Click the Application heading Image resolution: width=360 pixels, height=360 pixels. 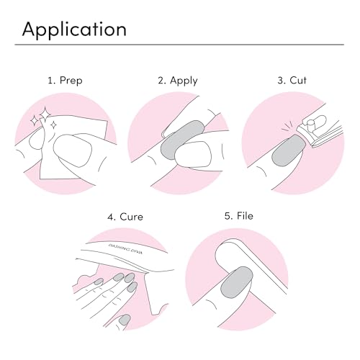[x=74, y=30]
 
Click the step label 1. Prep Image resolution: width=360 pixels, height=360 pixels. [x=65, y=81]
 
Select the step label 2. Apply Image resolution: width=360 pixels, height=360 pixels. [x=178, y=81]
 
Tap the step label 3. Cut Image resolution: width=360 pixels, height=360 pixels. [x=292, y=80]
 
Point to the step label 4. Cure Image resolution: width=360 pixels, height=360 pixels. [x=125, y=217]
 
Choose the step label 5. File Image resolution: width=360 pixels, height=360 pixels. [x=239, y=216]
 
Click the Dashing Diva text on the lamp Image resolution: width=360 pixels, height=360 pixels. [x=125, y=248]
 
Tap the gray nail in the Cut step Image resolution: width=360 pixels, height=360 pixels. [x=288, y=150]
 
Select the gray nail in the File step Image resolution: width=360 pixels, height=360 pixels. [x=237, y=282]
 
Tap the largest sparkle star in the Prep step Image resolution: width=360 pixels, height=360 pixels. [x=45, y=113]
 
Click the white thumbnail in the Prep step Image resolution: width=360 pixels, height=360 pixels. [x=73, y=150]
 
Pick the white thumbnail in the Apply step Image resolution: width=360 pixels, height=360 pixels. [x=194, y=154]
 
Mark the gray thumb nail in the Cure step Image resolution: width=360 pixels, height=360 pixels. [x=125, y=320]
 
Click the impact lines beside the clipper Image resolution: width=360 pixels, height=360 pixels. [x=288, y=127]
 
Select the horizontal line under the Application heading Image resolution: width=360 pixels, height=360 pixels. [x=179, y=45]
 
